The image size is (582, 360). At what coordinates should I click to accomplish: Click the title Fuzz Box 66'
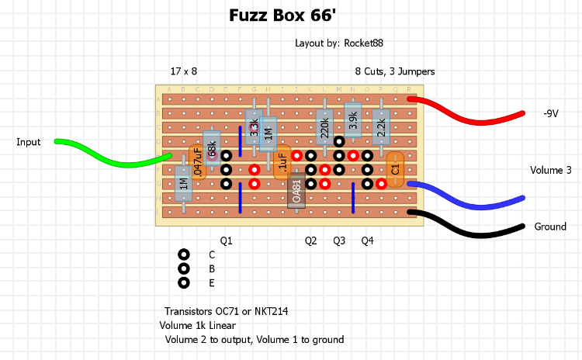tap(290, 15)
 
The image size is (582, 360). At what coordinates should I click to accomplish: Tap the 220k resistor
tap(324, 125)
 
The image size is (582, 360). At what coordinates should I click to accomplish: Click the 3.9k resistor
tap(353, 120)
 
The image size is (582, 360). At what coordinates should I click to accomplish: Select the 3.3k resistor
tap(254, 127)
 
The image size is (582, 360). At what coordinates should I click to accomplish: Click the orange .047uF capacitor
tap(198, 161)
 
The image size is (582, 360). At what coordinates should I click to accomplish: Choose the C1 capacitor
tap(395, 168)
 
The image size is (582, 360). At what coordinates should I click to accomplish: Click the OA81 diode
tap(296, 191)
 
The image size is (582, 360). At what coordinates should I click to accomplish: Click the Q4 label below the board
tap(367, 241)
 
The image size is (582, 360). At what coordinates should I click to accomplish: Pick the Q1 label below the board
tap(226, 241)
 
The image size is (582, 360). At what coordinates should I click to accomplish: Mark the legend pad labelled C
tap(184, 254)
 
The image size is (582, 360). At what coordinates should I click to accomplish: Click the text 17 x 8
tap(184, 71)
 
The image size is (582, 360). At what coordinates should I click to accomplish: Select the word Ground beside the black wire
tap(550, 227)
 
